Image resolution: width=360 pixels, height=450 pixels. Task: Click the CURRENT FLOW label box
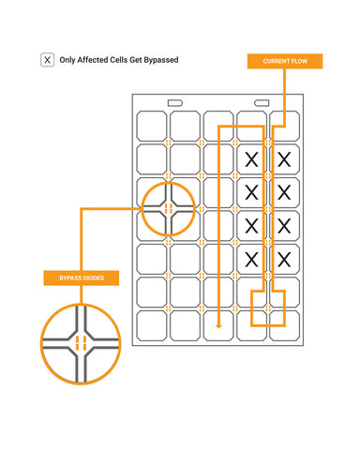(x=285, y=61)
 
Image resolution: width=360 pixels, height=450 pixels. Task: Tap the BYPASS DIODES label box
(x=82, y=277)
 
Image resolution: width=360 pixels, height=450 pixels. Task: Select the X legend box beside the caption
(x=47, y=60)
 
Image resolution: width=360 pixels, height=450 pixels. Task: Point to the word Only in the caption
(x=67, y=60)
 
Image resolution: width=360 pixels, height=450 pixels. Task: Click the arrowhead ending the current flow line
(x=218, y=326)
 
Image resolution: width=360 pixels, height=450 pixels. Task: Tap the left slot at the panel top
(x=175, y=103)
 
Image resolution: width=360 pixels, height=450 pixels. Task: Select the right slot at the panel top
(x=262, y=103)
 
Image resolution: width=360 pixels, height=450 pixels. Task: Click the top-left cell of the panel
(x=152, y=126)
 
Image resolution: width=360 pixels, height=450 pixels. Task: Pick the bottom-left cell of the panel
(x=152, y=325)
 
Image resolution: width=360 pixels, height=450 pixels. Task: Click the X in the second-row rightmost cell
(x=284, y=159)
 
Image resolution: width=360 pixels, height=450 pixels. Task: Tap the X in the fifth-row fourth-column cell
(x=251, y=260)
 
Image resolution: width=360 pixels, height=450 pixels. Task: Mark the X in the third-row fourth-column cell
(x=251, y=192)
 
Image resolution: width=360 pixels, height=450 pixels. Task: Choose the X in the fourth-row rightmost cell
(x=284, y=226)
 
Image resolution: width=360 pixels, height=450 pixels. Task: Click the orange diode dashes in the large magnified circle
(x=81, y=343)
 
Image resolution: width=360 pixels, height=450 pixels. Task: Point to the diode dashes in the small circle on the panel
(x=169, y=208)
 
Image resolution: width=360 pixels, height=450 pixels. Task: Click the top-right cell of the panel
(x=285, y=126)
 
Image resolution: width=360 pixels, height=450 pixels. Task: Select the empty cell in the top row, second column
(x=185, y=126)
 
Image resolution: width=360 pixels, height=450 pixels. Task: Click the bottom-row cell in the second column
(x=185, y=325)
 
